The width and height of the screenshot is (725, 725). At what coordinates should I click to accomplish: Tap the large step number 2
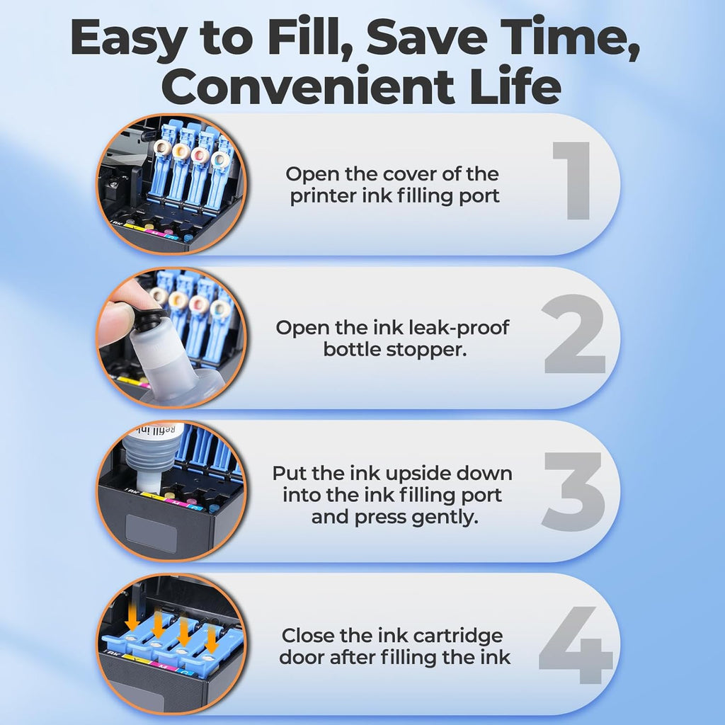(x=574, y=334)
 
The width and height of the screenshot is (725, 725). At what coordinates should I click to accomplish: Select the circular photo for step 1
(x=171, y=183)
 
